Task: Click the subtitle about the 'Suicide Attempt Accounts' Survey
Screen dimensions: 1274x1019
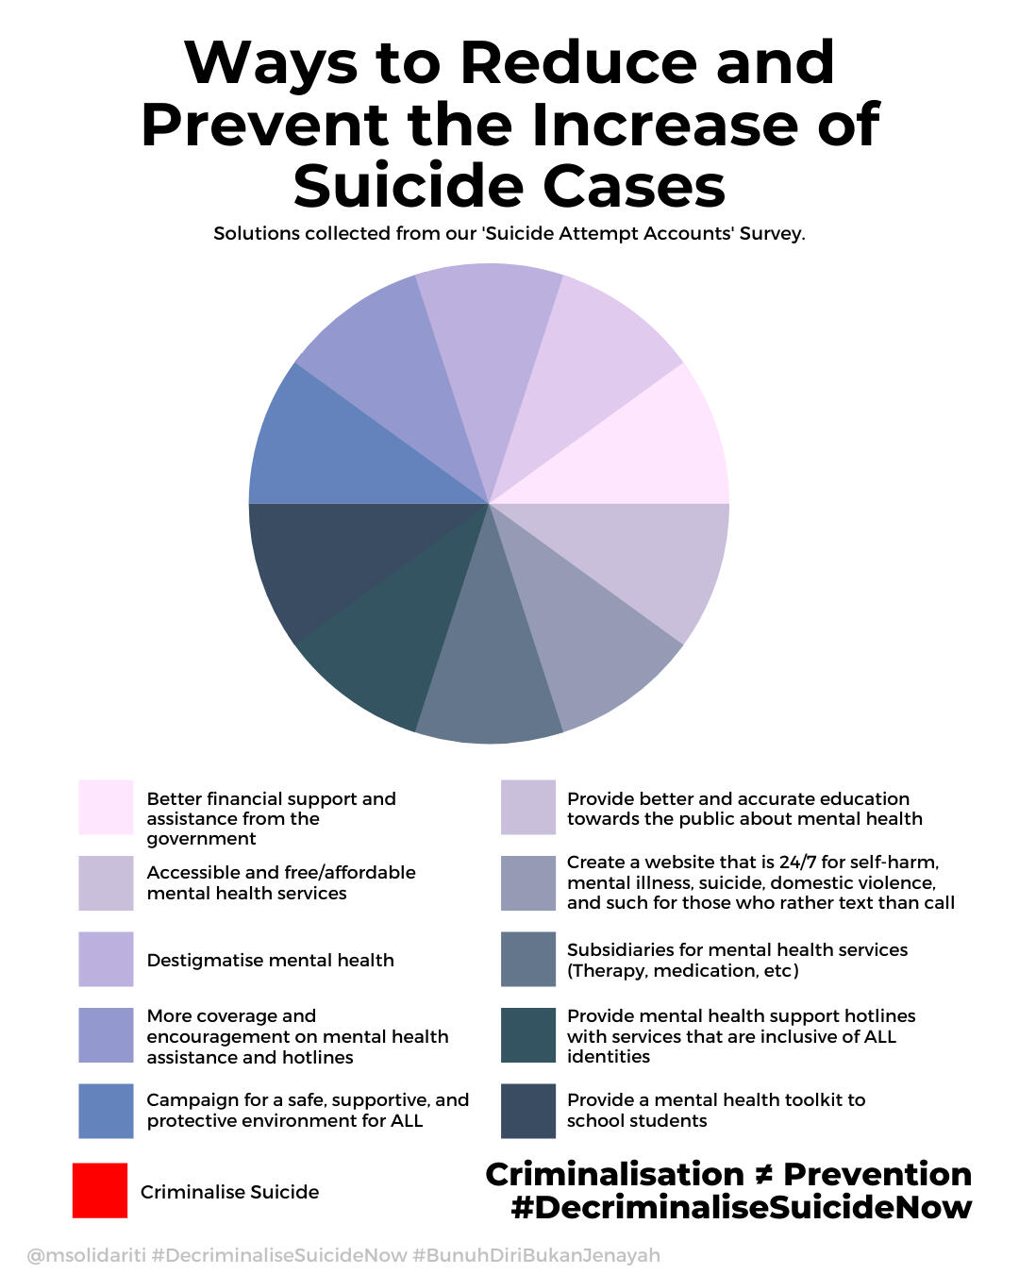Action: pyautogui.click(x=509, y=233)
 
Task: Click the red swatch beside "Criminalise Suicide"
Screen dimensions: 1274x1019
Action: pyautogui.click(x=100, y=1190)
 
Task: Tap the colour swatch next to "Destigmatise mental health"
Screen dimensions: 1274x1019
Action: pyautogui.click(x=106, y=960)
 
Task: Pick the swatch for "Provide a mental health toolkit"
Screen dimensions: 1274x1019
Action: pyautogui.click(x=528, y=1111)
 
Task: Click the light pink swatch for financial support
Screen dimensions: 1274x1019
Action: pyautogui.click(x=106, y=807)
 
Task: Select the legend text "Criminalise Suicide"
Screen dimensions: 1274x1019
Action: pyautogui.click(x=229, y=1192)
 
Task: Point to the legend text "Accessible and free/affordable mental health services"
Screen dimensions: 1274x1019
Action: pyautogui.click(x=281, y=882)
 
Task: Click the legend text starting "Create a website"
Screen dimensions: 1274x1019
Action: pyautogui.click(x=760, y=882)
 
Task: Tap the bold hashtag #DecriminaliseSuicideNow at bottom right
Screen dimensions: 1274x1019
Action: pyautogui.click(x=742, y=1207)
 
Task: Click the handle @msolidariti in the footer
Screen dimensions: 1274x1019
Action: pyautogui.click(x=86, y=1255)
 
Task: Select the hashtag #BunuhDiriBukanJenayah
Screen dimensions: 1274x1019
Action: pyautogui.click(x=536, y=1255)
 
